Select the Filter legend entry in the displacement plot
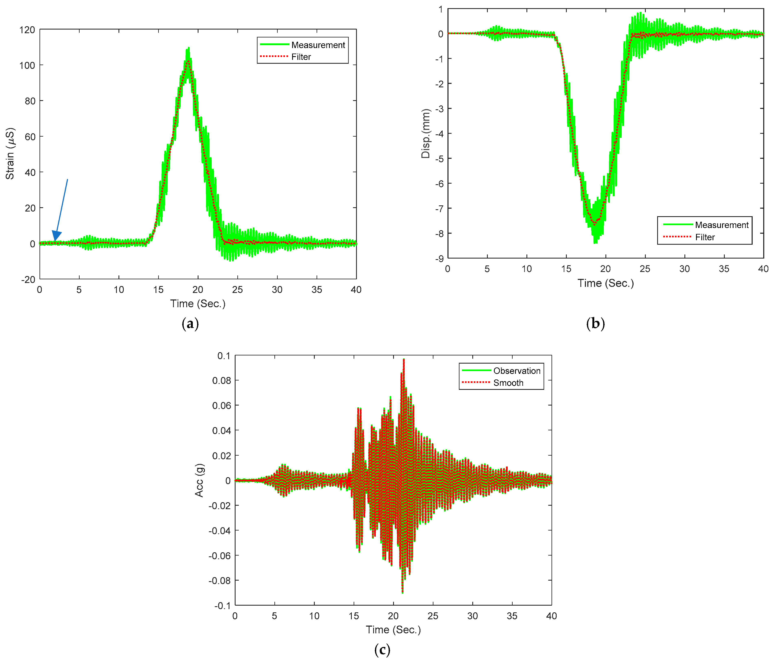click(704, 237)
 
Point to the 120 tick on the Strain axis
click(27, 30)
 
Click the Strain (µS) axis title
click(10, 154)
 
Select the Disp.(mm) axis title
click(426, 134)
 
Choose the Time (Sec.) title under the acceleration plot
click(393, 630)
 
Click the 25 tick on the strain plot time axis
click(237, 290)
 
